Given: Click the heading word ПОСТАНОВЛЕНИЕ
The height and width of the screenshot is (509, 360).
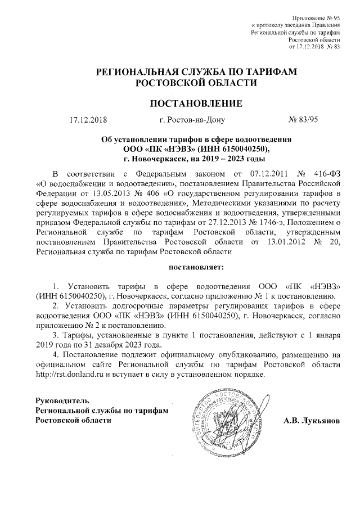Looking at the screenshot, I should (x=195, y=103).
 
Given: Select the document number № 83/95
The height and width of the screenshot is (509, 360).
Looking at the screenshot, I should (x=303, y=120).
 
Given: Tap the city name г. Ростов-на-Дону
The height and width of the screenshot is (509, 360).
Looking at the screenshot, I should (x=192, y=120).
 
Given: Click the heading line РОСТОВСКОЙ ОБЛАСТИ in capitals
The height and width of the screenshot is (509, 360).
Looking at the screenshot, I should (x=195, y=83).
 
